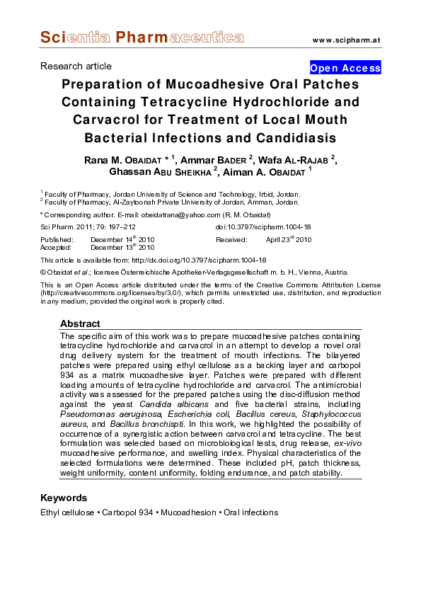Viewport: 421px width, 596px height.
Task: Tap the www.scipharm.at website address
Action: pyautogui.click(x=346, y=39)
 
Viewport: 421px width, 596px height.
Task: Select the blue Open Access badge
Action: pyautogui.click(x=345, y=68)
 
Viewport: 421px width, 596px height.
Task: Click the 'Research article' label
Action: pyautogui.click(x=76, y=66)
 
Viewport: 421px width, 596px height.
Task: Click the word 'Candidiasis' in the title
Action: pyautogui.click(x=289, y=137)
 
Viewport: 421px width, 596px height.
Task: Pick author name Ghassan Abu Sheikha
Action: pyautogui.click(x=162, y=171)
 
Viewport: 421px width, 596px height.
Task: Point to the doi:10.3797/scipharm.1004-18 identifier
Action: pyautogui.click(x=263, y=227)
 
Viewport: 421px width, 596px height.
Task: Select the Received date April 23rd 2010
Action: pyautogui.click(x=288, y=240)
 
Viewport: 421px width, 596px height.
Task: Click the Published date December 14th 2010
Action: pyautogui.click(x=122, y=240)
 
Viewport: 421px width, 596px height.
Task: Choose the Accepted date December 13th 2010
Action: pyautogui.click(x=122, y=248)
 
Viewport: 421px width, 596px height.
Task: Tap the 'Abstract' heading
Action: pyautogui.click(x=80, y=323)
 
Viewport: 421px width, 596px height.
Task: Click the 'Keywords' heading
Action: pyautogui.click(x=64, y=498)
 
